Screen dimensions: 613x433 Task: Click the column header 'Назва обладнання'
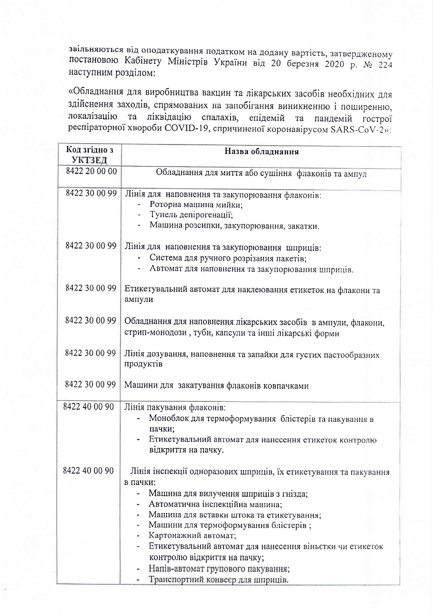click(261, 152)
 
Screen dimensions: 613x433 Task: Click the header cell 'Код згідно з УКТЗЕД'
click(89, 155)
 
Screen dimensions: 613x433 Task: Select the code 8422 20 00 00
click(91, 172)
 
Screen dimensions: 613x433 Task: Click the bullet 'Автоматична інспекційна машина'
click(215, 504)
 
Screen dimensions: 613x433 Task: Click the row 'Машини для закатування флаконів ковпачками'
click(216, 386)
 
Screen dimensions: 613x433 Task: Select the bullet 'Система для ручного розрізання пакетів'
click(228, 258)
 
